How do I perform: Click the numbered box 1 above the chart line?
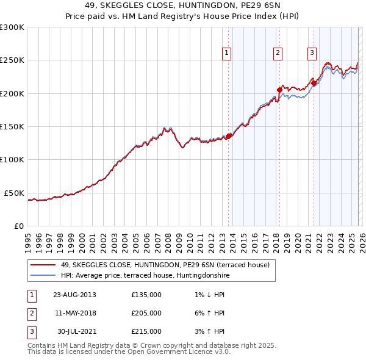tap(226, 53)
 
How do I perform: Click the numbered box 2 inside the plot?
tap(278, 53)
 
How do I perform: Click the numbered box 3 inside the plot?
tap(312, 53)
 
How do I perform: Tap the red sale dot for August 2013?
tap(229, 136)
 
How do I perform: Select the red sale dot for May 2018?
tap(279, 90)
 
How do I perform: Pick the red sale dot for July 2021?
tap(314, 83)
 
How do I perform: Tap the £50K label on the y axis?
tap(15, 193)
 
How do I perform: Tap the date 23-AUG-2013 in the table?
tap(74, 295)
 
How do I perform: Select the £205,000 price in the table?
tap(146, 313)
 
